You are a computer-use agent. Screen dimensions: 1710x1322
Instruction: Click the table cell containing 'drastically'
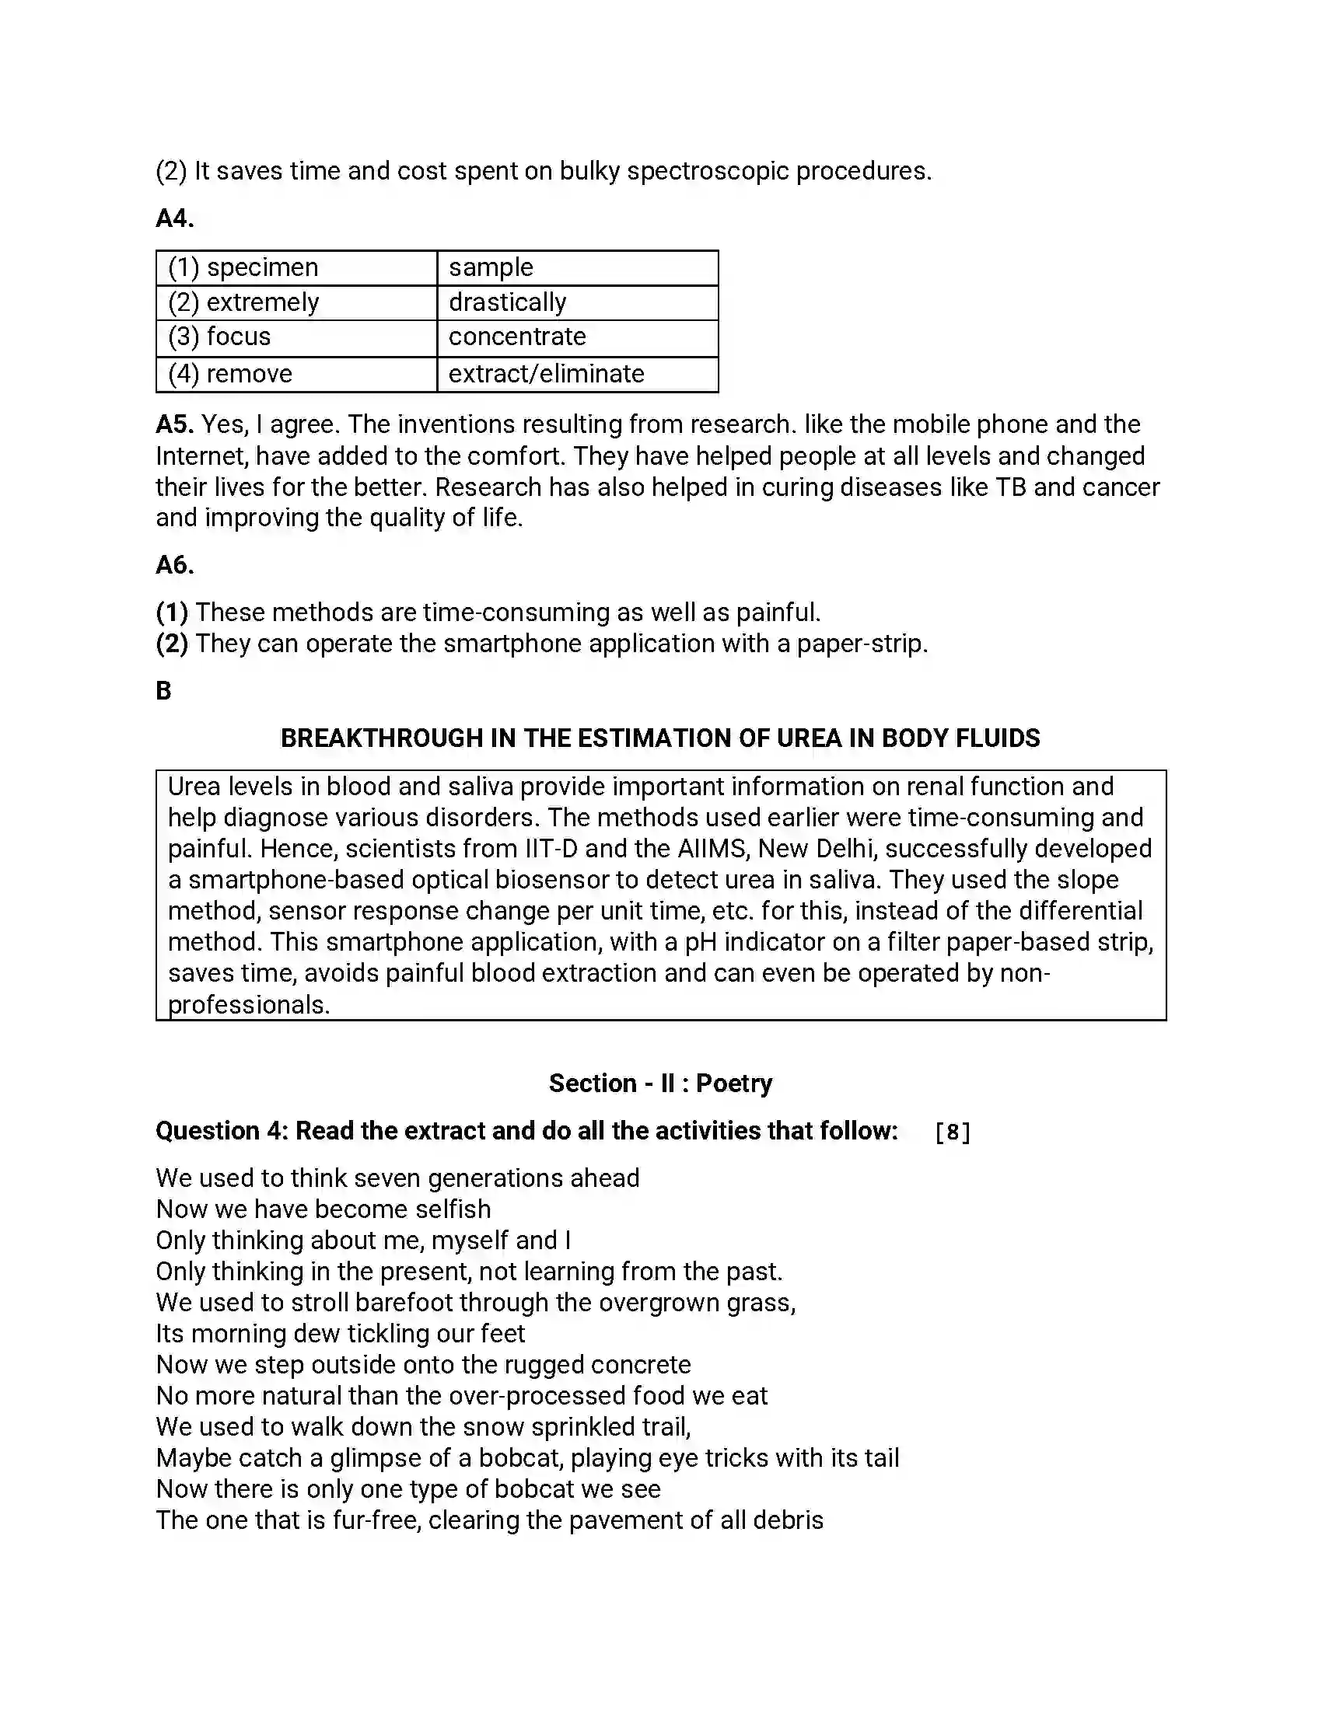(x=577, y=302)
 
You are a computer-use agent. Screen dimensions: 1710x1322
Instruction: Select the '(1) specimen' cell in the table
(x=296, y=268)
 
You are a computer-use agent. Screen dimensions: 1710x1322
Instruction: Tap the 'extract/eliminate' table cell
(x=577, y=375)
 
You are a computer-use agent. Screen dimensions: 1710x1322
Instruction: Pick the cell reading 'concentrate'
(x=577, y=337)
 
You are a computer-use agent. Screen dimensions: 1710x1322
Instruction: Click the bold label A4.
(x=175, y=218)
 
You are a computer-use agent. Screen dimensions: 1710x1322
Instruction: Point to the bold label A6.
(x=175, y=565)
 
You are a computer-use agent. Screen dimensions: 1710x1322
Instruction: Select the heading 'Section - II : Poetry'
(x=660, y=1084)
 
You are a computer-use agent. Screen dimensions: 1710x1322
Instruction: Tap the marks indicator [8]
(x=953, y=1132)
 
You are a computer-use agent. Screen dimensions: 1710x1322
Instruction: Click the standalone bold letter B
(x=163, y=691)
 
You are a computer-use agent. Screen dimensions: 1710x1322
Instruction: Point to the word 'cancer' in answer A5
(x=1121, y=488)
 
